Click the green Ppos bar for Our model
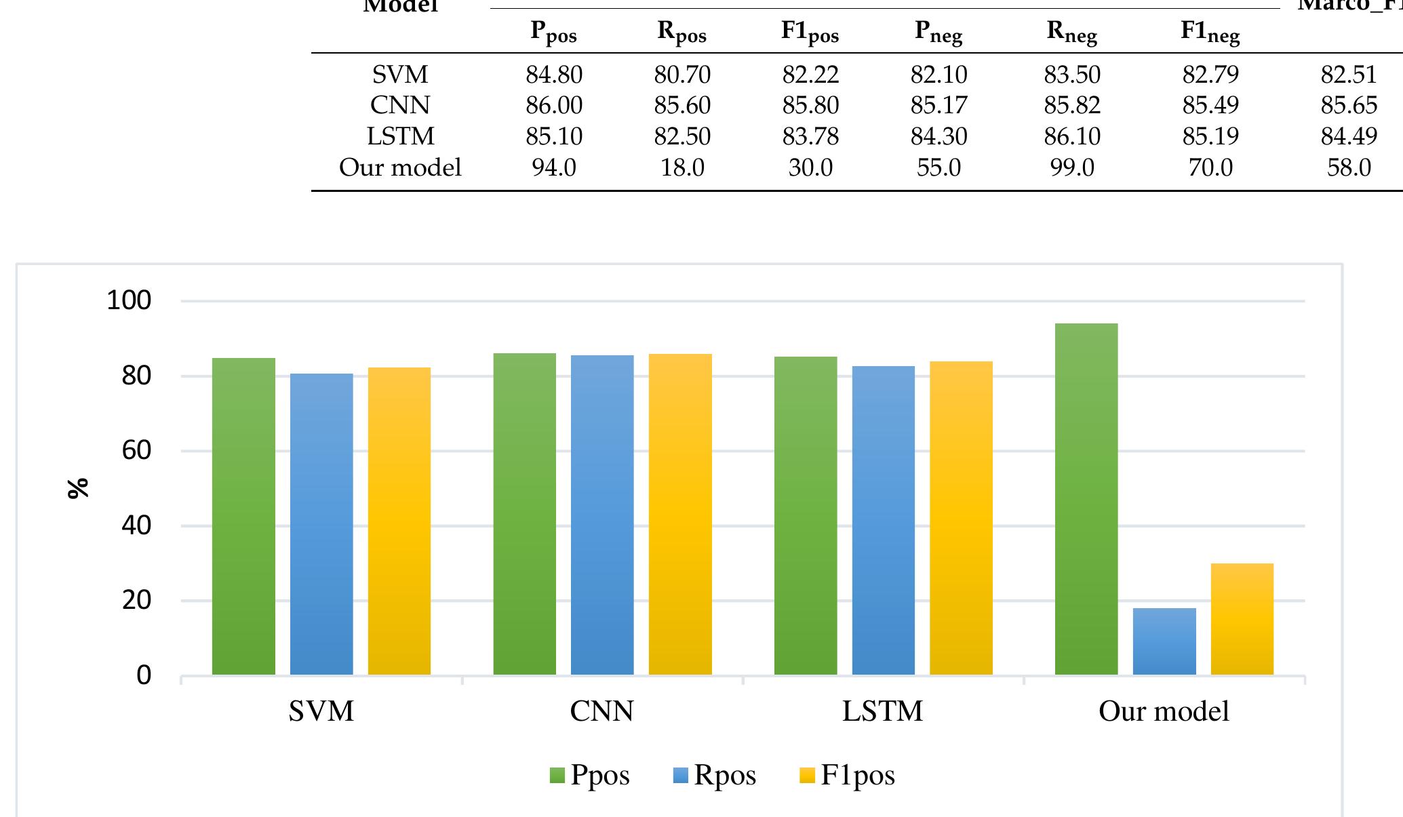point(1086,499)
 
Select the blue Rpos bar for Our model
point(1164,641)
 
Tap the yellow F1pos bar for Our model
point(1242,619)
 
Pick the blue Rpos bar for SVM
point(321,523)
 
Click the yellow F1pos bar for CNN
point(680,514)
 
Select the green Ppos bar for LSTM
point(806,515)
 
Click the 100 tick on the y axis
point(129,300)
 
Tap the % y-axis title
point(79,488)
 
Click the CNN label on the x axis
point(602,711)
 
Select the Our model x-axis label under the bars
point(1164,711)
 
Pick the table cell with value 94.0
point(554,167)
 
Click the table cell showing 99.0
point(1072,167)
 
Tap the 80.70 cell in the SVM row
point(682,75)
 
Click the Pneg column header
point(938,32)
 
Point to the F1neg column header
point(1210,32)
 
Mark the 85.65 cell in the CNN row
point(1349,106)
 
